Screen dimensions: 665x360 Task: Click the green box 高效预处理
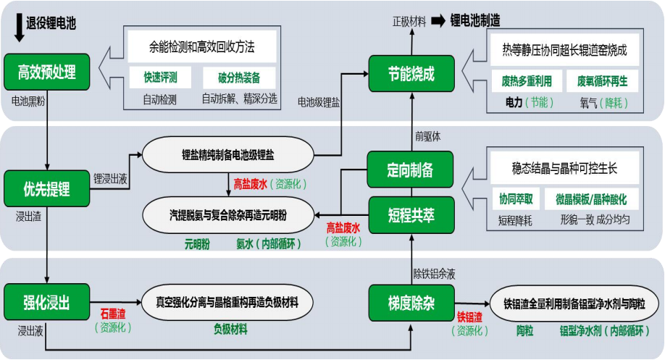tap(46, 72)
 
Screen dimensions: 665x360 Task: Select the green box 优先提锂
tap(46, 189)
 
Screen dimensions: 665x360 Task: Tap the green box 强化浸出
tap(46, 302)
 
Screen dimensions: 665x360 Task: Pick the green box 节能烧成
tap(411, 74)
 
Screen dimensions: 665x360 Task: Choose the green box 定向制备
tap(410, 169)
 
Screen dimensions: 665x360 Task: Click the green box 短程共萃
tap(411, 215)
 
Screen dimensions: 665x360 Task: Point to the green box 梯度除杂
tap(411, 303)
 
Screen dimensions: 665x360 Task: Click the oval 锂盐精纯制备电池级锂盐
tap(228, 155)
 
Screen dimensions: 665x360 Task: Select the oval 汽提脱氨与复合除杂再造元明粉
tap(228, 215)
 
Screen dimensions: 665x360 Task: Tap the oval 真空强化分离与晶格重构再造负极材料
tap(227, 302)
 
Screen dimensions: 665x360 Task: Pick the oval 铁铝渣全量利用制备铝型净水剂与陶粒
tap(574, 304)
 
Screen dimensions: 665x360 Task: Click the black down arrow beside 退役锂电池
tap(19, 28)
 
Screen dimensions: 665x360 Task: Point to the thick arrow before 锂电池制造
tap(438, 20)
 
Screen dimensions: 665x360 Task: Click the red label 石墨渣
tap(113, 314)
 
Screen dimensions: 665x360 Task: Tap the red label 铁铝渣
tap(469, 317)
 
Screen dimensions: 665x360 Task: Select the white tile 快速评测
tap(160, 78)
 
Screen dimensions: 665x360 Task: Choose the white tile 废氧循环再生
tap(602, 81)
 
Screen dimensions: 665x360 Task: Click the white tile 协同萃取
tap(516, 198)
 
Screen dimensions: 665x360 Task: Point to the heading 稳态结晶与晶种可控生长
tap(564, 168)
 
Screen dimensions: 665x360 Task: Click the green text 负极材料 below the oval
tap(230, 329)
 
